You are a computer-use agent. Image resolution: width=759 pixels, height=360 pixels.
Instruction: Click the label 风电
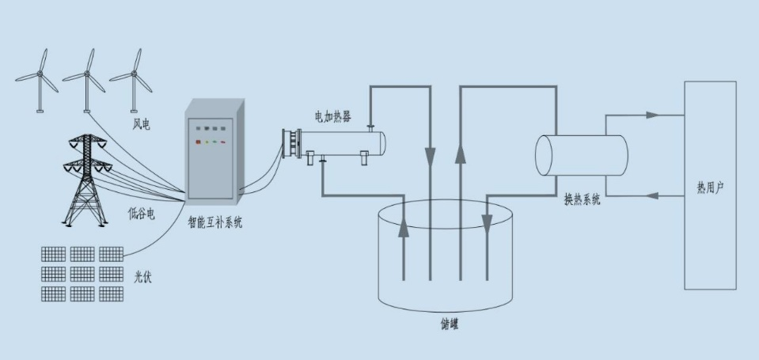[x=142, y=125]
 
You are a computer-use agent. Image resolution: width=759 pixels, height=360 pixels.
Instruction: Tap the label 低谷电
[x=142, y=213]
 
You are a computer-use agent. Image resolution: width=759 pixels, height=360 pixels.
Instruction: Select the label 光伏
[x=143, y=275]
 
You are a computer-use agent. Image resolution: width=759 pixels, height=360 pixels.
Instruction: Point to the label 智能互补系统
[x=215, y=223]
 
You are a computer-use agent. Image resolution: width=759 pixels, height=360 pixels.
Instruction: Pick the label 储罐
[x=449, y=324]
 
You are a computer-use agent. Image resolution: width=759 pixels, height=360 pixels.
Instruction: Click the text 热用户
[x=710, y=188]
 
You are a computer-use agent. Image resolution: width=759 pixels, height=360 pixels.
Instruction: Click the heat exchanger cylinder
[x=581, y=155]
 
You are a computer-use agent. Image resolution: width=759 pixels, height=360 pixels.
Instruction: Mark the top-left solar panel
[x=53, y=254]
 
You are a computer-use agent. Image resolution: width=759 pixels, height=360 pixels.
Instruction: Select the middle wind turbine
[x=85, y=77]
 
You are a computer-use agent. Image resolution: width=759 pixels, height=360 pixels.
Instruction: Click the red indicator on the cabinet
[x=198, y=142]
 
